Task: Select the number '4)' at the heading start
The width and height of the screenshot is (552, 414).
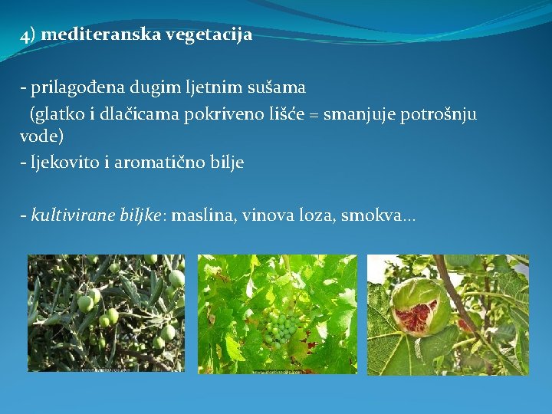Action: tap(28, 35)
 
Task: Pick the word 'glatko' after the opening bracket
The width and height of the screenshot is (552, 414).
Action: tap(55, 114)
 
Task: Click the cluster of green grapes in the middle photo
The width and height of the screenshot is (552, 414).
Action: tap(280, 328)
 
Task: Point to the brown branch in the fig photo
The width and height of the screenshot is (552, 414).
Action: tap(463, 307)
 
